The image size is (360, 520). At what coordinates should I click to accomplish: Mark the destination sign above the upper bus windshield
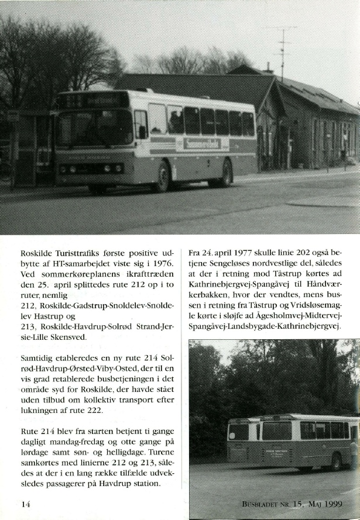pos(94,100)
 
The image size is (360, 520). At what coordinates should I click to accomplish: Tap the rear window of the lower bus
pos(238,432)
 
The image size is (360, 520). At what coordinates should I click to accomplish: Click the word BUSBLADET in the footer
pos(265,504)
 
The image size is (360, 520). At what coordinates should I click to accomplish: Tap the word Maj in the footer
pos(311,504)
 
